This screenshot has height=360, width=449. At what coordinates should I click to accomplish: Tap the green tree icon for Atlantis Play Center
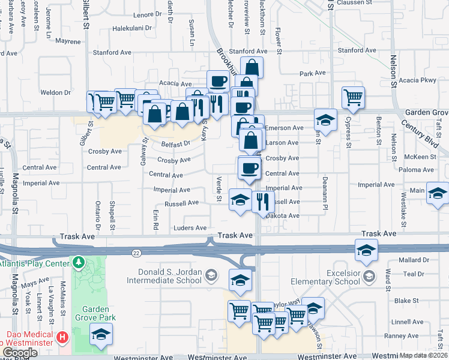pyautogui.click(x=78, y=262)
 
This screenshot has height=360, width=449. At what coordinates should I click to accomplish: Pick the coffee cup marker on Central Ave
pyautogui.click(x=249, y=167)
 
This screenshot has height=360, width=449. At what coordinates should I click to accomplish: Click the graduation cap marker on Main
pyautogui.click(x=438, y=193)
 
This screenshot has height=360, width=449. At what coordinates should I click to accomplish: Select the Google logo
pyautogui.click(x=20, y=353)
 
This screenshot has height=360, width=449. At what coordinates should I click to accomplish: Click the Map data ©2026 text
pyautogui.click(x=423, y=355)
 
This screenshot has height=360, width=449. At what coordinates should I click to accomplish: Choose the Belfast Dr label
pyautogui.click(x=175, y=143)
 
